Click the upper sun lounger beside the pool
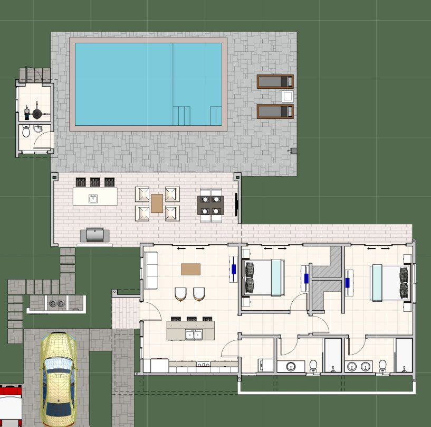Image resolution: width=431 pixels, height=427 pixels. click(x=275, y=81)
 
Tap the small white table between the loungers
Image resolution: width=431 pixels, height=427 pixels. click(x=288, y=96)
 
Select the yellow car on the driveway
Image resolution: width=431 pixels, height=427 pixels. click(x=59, y=378)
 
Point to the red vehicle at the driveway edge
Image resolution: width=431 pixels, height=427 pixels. click(x=10, y=405)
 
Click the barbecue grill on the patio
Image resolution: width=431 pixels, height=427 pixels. click(x=95, y=234)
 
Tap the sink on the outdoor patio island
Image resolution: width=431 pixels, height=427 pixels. click(x=93, y=199)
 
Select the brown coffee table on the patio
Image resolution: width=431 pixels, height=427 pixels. click(x=157, y=203)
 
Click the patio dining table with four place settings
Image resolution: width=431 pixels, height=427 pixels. click(x=210, y=205)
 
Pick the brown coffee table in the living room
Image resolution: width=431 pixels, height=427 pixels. click(x=191, y=269)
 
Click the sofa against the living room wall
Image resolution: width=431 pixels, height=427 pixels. click(x=151, y=270)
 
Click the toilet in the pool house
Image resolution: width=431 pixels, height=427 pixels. click(x=26, y=132)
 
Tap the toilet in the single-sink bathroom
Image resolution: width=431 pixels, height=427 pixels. click(x=313, y=365)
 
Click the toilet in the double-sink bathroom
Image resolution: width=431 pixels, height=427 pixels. click(x=382, y=365)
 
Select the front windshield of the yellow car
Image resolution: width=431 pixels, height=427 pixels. click(x=58, y=366)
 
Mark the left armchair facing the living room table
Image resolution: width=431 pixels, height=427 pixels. click(x=180, y=294)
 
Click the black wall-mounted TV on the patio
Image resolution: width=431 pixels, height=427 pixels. click(x=236, y=205)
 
